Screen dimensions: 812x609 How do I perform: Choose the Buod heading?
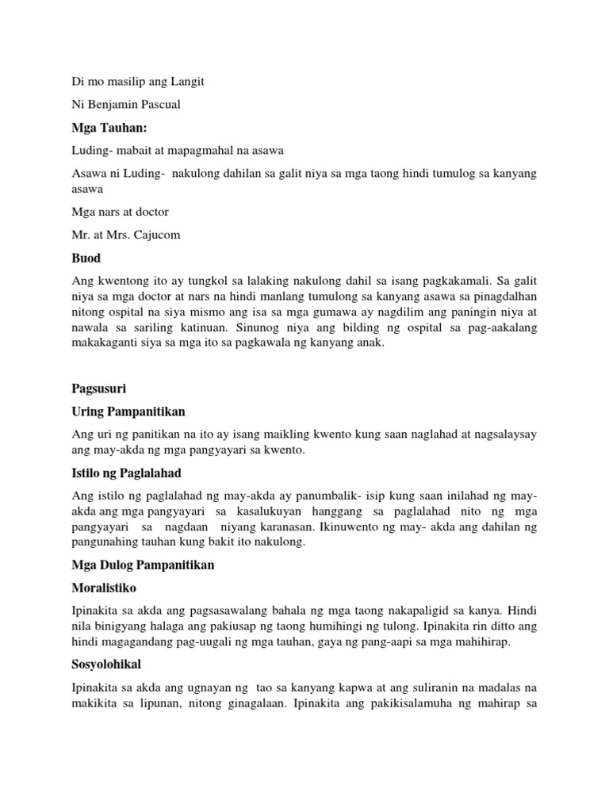tap(86, 259)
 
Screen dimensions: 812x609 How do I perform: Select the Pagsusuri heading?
tap(97, 389)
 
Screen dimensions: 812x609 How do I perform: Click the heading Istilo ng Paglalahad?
tap(127, 473)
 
